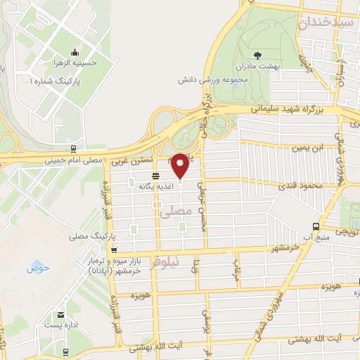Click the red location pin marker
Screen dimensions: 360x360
pos(180,165)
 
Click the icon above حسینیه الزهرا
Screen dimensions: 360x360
pos(75,51)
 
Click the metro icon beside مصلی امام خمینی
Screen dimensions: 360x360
pos(72,149)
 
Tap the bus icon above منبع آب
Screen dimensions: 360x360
pos(316,226)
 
